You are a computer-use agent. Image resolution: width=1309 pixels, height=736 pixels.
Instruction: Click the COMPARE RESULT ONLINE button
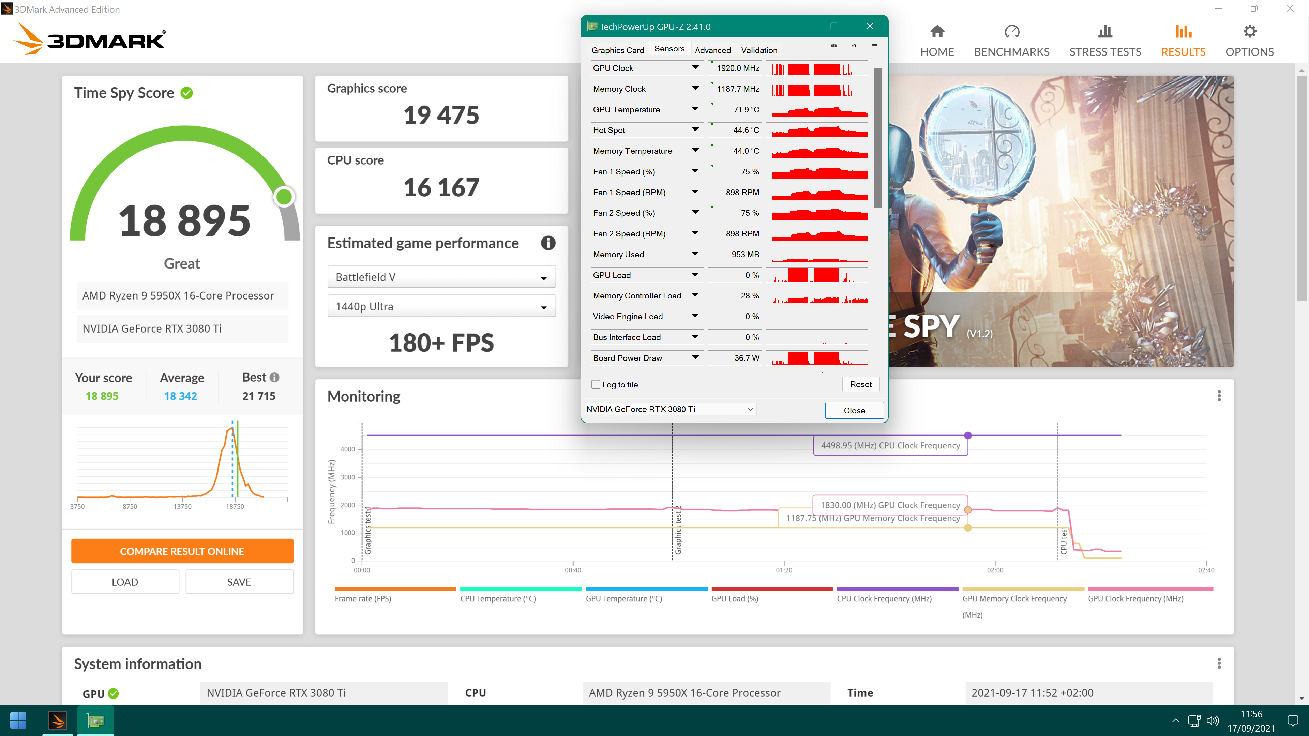[182, 551]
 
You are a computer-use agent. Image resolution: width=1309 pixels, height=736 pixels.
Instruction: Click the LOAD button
[125, 582]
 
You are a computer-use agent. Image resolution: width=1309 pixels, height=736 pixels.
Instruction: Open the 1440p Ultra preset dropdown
[441, 306]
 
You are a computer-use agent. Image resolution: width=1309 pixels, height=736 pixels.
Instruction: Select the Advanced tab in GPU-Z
[712, 50]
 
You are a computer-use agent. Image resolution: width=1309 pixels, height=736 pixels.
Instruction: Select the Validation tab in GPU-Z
[759, 50]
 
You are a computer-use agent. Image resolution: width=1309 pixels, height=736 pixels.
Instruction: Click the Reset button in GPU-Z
[860, 384]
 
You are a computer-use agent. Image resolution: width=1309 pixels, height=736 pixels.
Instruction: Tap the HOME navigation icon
[937, 31]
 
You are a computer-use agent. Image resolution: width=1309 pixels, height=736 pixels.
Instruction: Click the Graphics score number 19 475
[441, 115]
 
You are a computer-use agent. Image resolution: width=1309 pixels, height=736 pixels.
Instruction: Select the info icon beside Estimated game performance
[548, 243]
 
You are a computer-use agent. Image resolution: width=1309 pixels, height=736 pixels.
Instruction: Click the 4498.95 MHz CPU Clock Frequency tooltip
[890, 445]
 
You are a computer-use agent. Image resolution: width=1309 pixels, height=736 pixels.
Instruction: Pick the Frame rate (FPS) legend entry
[363, 598]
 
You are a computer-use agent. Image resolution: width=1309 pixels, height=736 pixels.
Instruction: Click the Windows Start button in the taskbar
[18, 720]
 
